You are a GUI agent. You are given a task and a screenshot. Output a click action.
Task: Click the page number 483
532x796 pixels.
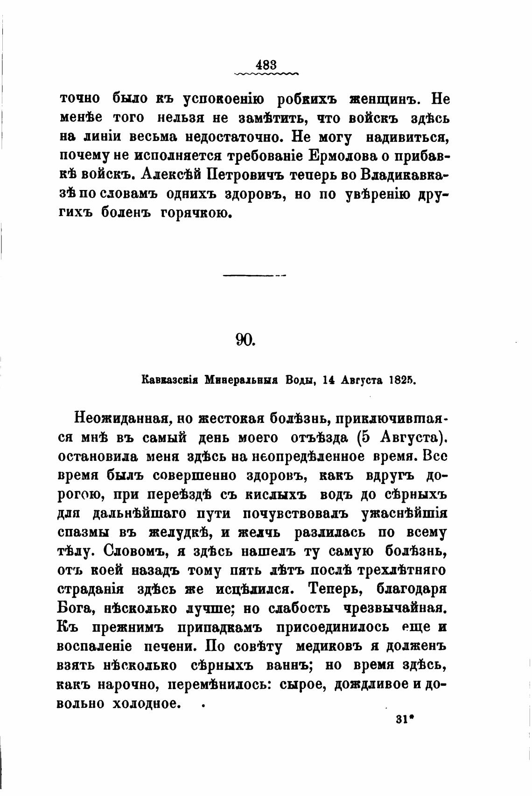pos(266,64)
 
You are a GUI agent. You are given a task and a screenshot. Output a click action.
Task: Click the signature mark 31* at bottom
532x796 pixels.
pos(405,719)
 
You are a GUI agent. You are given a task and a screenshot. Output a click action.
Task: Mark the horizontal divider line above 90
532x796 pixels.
pos(254,275)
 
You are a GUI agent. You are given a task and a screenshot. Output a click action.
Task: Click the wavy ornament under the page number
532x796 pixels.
pos(266,73)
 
